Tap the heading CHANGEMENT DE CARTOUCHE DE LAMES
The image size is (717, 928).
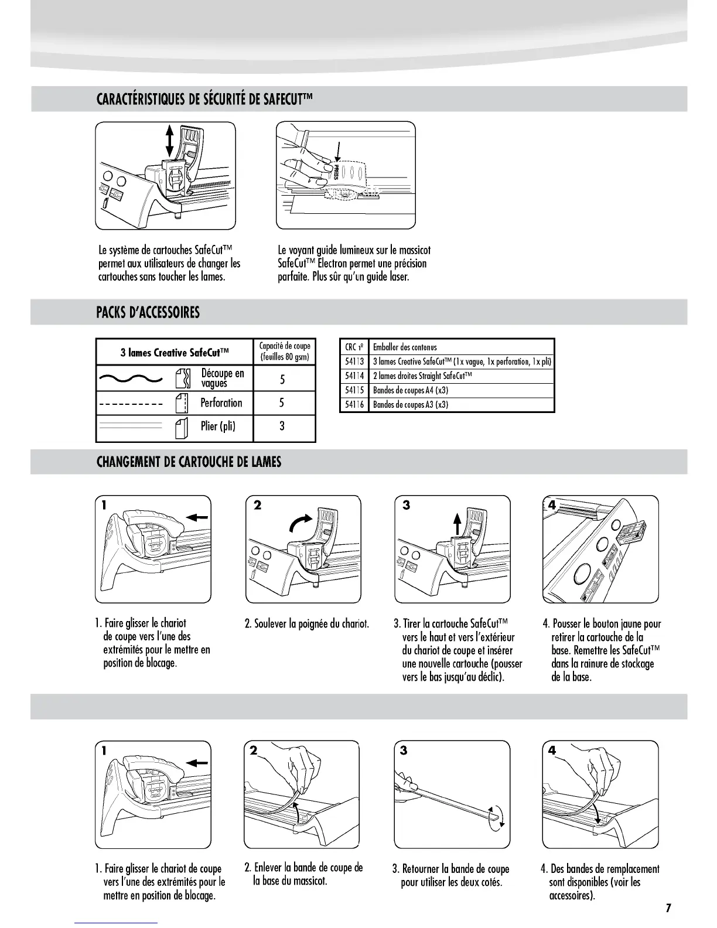[189, 462]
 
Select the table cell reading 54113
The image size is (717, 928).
[354, 361]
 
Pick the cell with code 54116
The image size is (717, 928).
[354, 405]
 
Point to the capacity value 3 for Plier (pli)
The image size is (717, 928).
[282, 427]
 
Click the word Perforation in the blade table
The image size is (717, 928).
[221, 403]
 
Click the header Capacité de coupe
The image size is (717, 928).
[284, 352]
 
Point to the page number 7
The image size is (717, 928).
[668, 909]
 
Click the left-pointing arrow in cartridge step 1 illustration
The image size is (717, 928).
[197, 517]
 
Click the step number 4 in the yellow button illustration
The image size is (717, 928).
[552, 505]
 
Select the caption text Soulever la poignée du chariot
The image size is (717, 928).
[307, 624]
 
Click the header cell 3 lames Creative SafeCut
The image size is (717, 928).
[175, 353]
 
